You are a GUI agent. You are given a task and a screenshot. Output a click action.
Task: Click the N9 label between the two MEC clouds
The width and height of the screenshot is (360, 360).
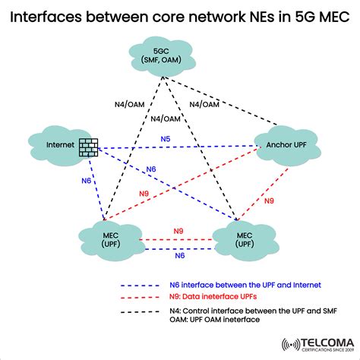[x=178, y=230]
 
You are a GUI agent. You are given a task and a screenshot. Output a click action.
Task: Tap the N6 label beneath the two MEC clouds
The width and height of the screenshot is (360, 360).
[x=178, y=257]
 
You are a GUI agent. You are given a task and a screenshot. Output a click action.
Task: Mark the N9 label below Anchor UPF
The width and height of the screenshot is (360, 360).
[x=269, y=201]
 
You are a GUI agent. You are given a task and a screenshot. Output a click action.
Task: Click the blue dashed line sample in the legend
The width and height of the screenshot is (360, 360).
[x=141, y=285]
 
